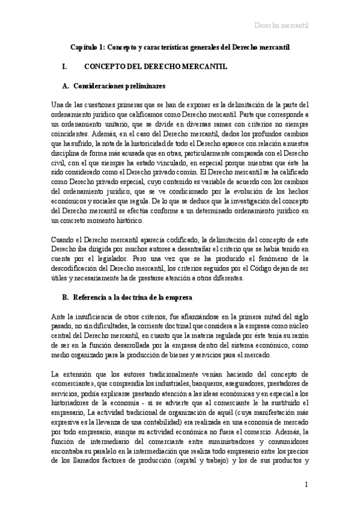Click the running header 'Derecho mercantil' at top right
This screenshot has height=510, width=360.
(x=282, y=25)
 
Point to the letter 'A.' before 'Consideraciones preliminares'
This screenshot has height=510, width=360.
(x=66, y=86)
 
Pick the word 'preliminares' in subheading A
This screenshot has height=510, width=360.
(x=144, y=86)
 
